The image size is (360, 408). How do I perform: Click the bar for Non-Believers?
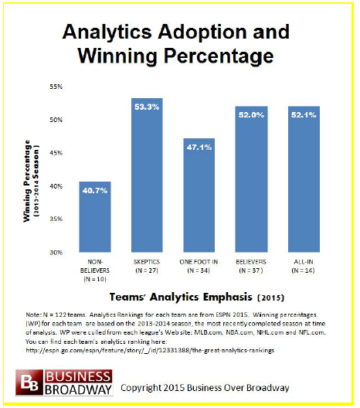click(95, 216)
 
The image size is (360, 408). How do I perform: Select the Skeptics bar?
click(147, 175)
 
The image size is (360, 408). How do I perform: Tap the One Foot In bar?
click(199, 195)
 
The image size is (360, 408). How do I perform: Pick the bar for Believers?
click(251, 179)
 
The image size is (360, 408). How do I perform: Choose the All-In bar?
click(304, 179)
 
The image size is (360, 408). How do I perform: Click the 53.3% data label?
click(147, 107)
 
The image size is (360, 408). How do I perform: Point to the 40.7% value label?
click(95, 191)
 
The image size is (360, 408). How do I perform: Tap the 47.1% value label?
click(199, 148)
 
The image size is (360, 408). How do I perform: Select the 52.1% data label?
click(304, 115)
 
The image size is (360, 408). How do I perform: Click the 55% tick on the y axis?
click(56, 87)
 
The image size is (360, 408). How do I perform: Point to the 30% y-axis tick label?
click(56, 253)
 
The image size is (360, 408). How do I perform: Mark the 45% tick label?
click(56, 153)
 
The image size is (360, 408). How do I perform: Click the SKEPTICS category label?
click(147, 262)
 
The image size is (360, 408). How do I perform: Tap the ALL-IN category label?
click(304, 262)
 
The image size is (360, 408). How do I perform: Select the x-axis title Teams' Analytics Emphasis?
click(181, 297)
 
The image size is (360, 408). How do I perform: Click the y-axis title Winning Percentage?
click(27, 181)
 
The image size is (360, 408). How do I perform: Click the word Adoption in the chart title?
click(202, 32)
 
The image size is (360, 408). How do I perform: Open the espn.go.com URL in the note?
click(150, 351)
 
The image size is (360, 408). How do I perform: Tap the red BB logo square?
click(29, 382)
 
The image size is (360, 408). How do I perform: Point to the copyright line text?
click(205, 388)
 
